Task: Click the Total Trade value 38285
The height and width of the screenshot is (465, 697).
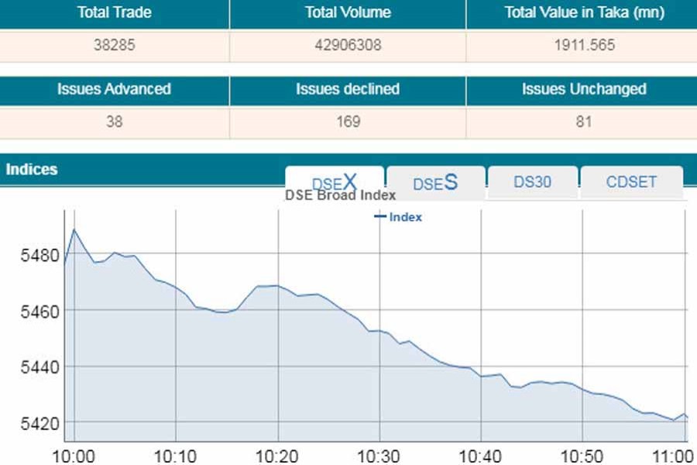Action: [114, 45]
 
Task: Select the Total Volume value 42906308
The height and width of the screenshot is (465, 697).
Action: [348, 45]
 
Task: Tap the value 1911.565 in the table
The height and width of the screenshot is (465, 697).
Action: [584, 45]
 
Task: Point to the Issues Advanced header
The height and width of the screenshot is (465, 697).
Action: [114, 89]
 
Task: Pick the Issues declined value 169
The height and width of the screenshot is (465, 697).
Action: [348, 122]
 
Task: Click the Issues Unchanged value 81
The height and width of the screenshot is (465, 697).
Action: [584, 122]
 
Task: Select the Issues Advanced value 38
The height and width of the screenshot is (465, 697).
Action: [114, 122]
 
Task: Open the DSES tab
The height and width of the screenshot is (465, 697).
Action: [435, 183]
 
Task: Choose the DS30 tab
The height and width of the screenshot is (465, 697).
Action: [533, 182]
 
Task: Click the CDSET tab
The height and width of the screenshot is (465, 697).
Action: [631, 182]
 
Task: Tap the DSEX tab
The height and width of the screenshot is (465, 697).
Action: [335, 182]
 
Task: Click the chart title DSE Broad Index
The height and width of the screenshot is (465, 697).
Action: [340, 195]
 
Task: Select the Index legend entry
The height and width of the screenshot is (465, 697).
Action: [399, 217]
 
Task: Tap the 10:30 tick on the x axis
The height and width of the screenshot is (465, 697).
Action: [379, 455]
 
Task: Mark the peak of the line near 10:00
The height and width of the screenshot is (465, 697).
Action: [74, 229]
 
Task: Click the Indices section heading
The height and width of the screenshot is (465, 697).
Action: [32, 169]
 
